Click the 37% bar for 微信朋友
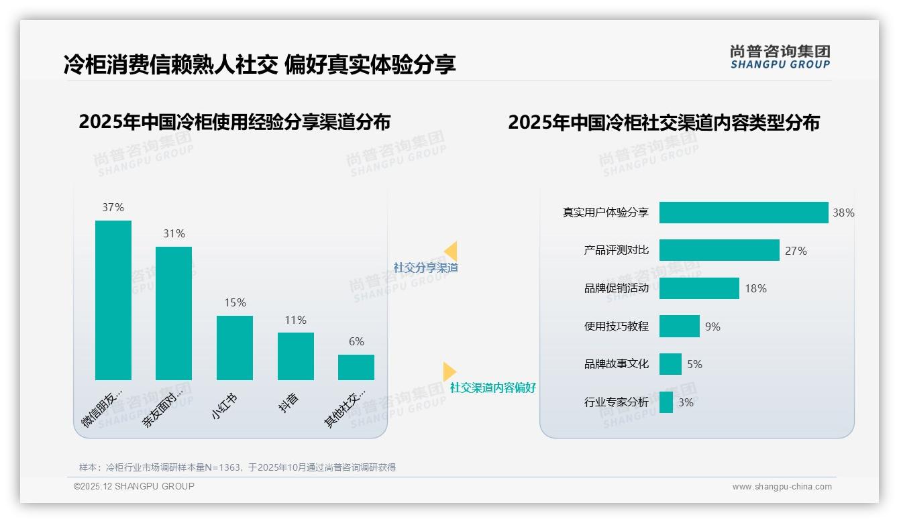coord(113,300)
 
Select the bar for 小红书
coord(235,347)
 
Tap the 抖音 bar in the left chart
coord(295,356)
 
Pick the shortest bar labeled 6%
coord(356,367)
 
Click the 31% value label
coord(174,234)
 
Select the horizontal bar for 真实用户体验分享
coord(743,213)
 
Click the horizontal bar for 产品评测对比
coord(719,250)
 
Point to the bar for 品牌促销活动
coord(699,288)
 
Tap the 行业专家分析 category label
coord(616,402)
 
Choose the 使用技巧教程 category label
coord(616,327)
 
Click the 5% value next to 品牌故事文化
coord(694,364)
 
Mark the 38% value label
coord(843,213)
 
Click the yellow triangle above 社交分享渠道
coord(451,251)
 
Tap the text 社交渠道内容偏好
coord(493,388)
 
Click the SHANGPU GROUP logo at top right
coord(780,57)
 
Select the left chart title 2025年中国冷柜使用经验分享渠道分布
coord(235,122)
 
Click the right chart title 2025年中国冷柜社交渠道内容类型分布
coord(664,123)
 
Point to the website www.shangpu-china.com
coord(782,487)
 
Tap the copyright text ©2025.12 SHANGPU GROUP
coord(134,486)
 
